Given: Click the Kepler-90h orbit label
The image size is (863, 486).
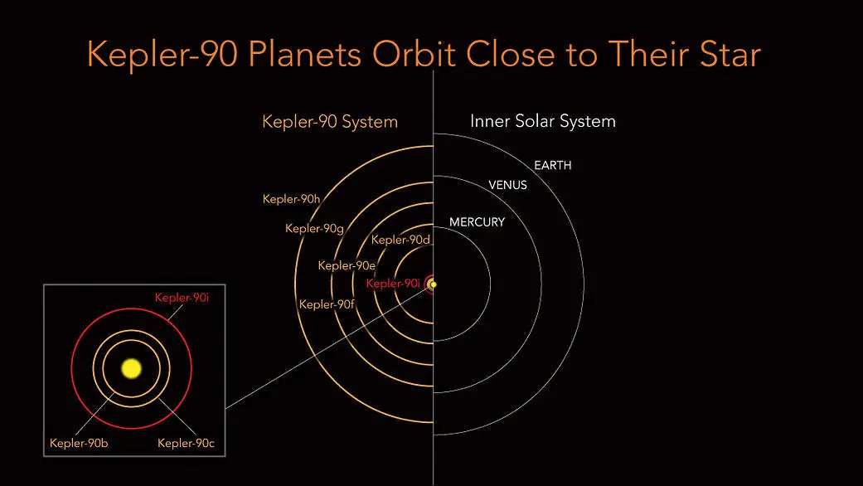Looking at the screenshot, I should click(291, 199).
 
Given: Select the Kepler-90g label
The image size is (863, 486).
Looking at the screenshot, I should click(313, 228).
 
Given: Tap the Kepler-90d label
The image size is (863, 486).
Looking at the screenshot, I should click(400, 241).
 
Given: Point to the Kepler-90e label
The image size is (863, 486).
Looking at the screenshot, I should click(347, 265).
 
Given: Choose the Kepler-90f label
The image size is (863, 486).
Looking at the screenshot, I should click(327, 304).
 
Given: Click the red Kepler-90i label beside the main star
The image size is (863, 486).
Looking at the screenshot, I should click(394, 284).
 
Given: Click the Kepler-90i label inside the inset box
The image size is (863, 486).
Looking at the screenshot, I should click(182, 297).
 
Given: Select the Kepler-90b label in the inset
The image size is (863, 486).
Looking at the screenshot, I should click(79, 443).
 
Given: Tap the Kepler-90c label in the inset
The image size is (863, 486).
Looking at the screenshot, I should click(186, 443).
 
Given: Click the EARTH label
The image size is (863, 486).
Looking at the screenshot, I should click(552, 166).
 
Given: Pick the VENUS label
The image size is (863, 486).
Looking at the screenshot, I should click(507, 185).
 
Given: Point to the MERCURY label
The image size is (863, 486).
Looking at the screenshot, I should click(477, 222).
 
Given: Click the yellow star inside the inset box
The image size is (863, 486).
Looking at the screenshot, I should click(131, 368).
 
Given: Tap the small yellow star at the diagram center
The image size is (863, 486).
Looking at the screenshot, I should click(433, 284).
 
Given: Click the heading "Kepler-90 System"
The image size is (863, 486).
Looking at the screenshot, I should click(330, 122).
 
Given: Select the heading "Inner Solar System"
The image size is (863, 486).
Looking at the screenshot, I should click(543, 121).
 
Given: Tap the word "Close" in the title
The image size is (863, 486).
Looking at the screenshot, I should click(511, 55).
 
